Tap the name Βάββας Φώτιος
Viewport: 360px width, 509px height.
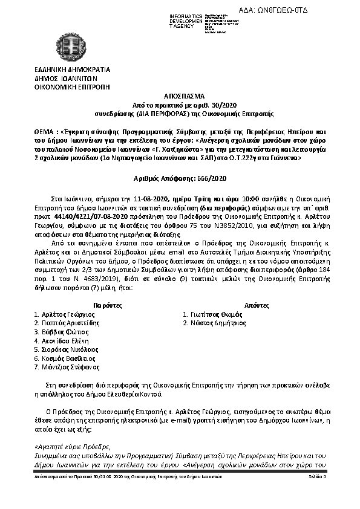pos(64,332)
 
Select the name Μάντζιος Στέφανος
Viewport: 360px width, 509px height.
pos(68,367)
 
